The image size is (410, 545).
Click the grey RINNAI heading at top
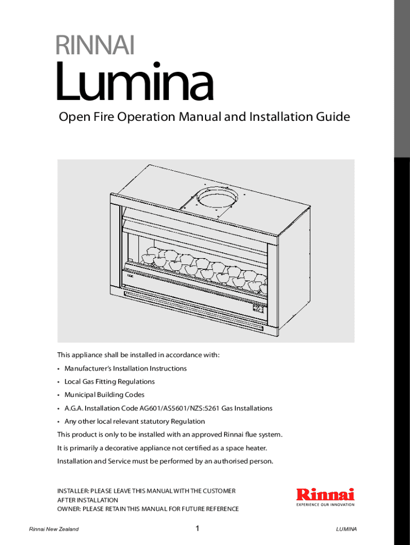[95, 45]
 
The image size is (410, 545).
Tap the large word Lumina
[135, 81]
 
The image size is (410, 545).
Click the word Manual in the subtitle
[200, 117]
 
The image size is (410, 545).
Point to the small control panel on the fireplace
[258, 308]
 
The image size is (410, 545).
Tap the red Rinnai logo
[325, 494]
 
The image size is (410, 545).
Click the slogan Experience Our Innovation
[325, 505]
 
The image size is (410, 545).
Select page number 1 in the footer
[197, 529]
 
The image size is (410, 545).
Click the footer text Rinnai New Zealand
[54, 529]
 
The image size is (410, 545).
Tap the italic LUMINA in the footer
[346, 529]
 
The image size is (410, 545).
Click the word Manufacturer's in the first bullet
[88, 368]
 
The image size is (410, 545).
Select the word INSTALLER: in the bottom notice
[73, 491]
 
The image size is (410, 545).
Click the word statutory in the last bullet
[155, 422]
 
